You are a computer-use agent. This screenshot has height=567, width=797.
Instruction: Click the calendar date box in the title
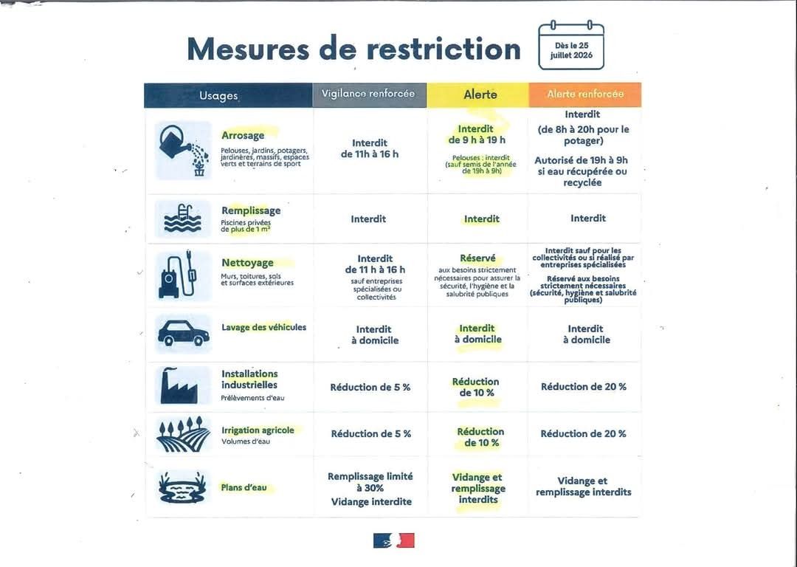click(x=571, y=45)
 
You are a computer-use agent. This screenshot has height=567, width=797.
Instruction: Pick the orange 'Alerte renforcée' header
click(x=585, y=94)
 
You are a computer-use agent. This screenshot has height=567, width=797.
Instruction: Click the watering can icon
click(x=184, y=151)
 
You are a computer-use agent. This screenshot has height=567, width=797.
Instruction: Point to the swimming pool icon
click(x=183, y=219)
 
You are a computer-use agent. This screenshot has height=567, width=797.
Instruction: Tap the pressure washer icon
click(x=177, y=274)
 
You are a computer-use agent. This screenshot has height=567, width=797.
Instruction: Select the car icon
click(x=184, y=334)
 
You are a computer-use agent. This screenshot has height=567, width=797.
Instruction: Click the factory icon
click(x=179, y=385)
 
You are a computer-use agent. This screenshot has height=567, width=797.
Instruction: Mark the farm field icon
click(x=183, y=434)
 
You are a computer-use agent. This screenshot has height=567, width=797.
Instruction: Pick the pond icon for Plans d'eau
click(x=182, y=488)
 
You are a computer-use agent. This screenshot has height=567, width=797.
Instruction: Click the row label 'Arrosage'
click(x=243, y=135)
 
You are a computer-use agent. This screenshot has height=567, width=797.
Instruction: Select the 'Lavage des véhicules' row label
click(x=263, y=328)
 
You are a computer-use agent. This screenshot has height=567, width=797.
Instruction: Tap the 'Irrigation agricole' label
click(x=258, y=430)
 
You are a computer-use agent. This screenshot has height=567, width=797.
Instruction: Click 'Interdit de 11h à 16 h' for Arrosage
click(x=370, y=148)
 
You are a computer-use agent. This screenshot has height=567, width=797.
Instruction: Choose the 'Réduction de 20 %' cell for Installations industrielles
click(x=584, y=387)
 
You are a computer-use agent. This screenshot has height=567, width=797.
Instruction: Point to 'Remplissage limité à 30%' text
click(x=370, y=482)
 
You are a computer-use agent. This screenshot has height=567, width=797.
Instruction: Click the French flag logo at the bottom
click(x=394, y=540)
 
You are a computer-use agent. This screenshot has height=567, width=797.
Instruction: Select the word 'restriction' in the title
click(x=444, y=49)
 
